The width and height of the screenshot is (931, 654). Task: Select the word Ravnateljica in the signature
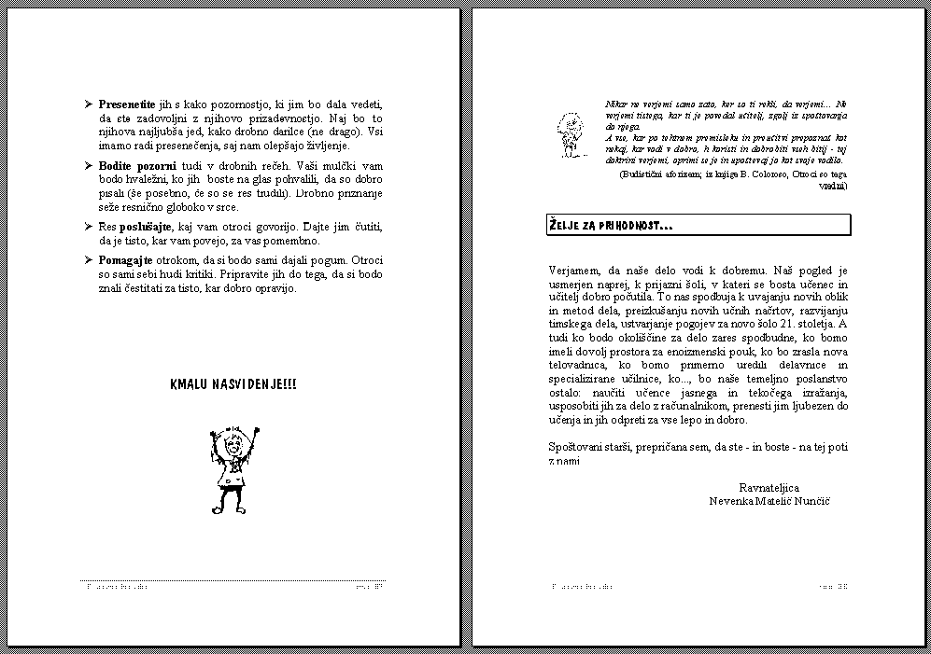click(x=769, y=487)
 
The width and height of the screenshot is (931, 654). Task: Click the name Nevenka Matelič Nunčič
click(x=769, y=501)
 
